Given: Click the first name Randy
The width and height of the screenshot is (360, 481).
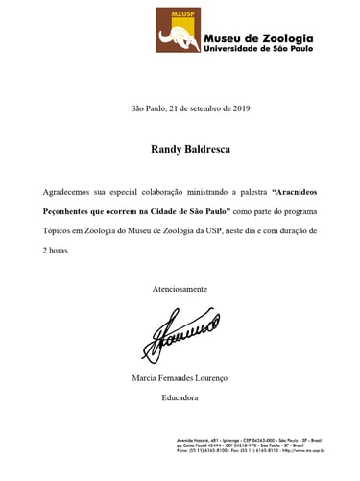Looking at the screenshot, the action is pos(166,150).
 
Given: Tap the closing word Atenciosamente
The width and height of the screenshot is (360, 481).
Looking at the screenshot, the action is pos(180,288).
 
